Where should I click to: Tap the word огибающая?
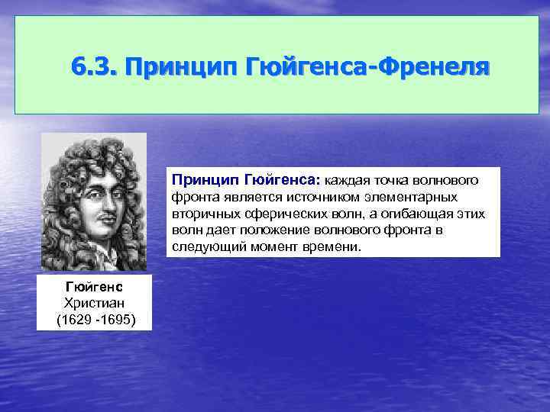coord(398,214)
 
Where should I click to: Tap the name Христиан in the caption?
coord(94,302)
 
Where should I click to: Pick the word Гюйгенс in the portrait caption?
coord(94,287)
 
